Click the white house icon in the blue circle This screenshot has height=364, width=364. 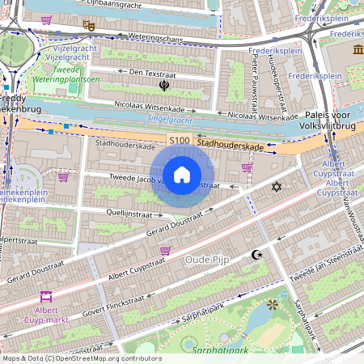click(x=182, y=174)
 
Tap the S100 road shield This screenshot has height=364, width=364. click(x=180, y=141)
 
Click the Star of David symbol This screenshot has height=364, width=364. click(x=277, y=187)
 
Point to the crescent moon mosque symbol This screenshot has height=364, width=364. click(x=257, y=255)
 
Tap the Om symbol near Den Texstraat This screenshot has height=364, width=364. click(x=164, y=84)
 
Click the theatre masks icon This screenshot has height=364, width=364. click(x=90, y=25)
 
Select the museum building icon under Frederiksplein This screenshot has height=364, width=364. click(x=357, y=51)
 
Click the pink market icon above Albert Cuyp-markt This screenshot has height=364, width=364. click(x=45, y=296)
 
